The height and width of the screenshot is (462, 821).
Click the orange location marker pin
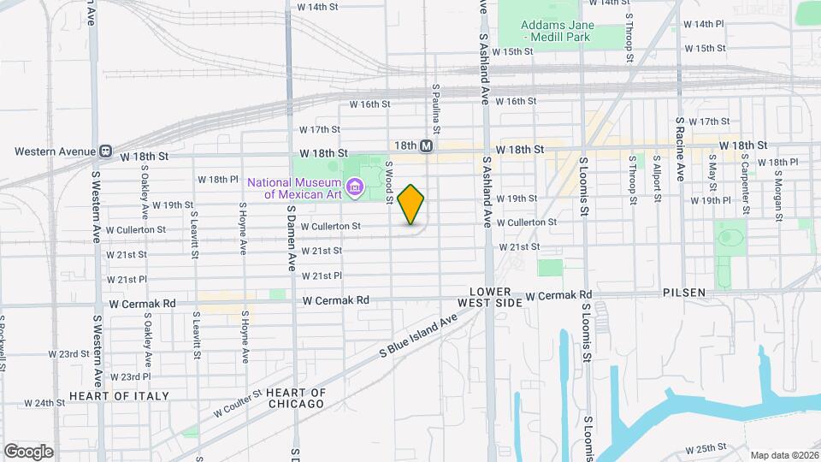411,204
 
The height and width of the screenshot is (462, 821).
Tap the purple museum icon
355,185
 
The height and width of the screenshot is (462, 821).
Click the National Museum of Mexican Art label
295,187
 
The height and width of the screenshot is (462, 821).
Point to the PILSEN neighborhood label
684,293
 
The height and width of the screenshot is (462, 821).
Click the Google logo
28,451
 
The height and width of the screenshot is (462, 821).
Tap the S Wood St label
388,183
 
